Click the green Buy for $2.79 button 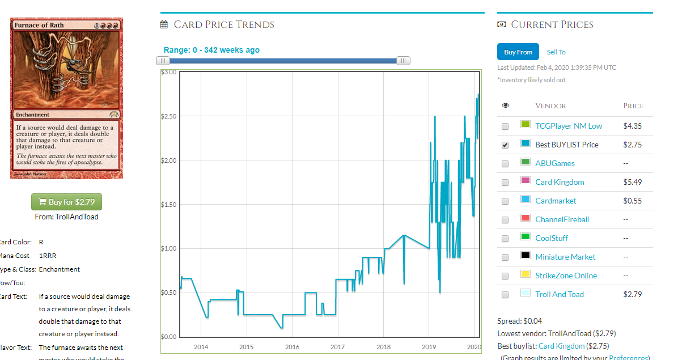coord(66,202)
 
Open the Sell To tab coord(556,52)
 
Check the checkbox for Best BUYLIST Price coord(505,145)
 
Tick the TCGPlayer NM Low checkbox coord(505,126)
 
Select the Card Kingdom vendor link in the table coord(559,182)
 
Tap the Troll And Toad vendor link coord(559,294)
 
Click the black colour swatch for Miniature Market coord(525,256)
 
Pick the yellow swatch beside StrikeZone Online coord(525,274)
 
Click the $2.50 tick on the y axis coord(168,116)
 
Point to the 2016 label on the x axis coord(292,347)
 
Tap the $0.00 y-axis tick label coord(168,337)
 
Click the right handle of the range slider coord(403,61)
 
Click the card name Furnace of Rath coord(39,26)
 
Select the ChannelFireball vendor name coord(562,219)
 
